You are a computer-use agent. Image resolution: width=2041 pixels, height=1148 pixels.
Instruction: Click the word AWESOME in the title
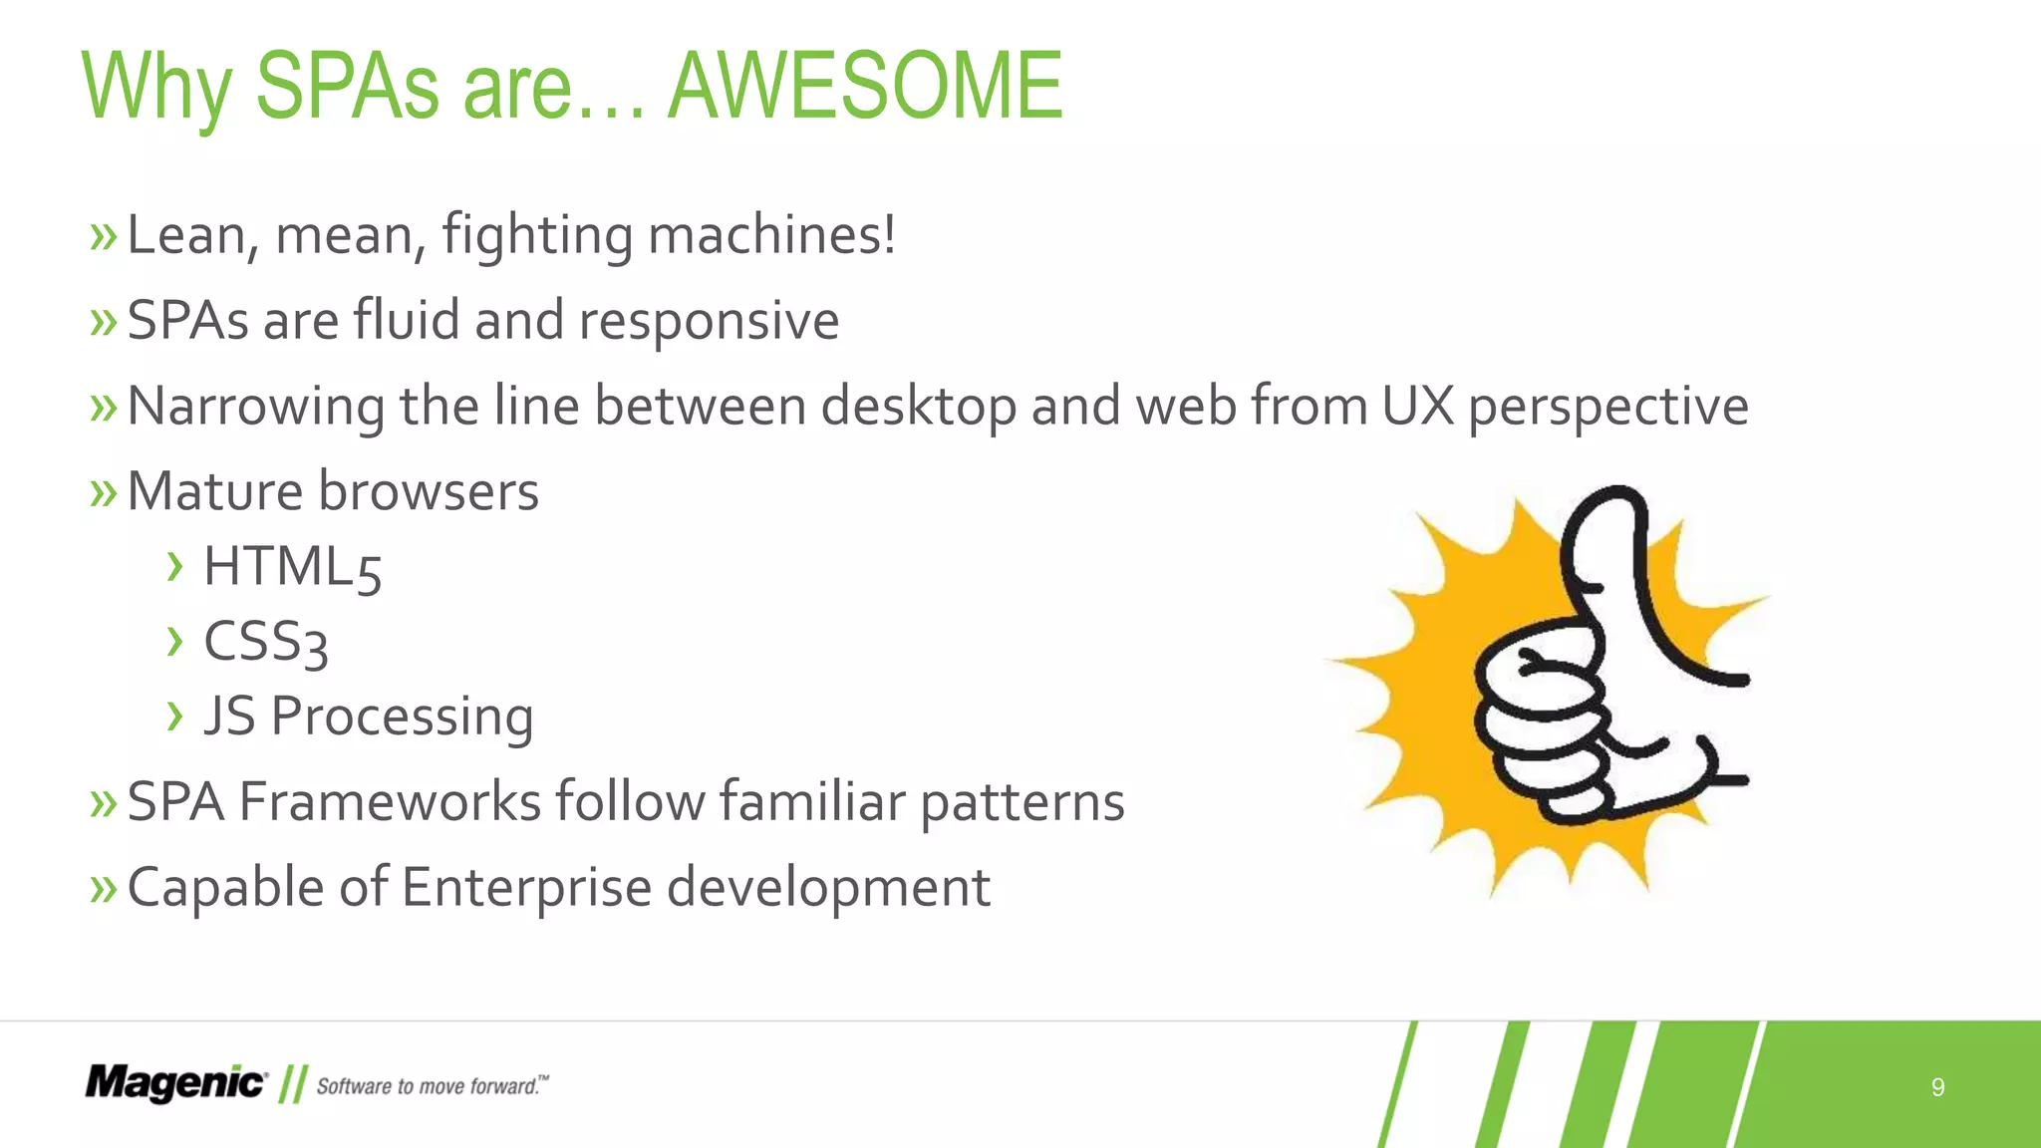point(865,88)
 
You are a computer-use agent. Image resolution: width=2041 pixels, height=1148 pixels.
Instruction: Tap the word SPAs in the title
point(347,88)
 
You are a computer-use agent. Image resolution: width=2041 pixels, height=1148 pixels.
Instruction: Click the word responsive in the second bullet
point(709,322)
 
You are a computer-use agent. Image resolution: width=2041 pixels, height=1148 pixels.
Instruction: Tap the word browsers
point(429,491)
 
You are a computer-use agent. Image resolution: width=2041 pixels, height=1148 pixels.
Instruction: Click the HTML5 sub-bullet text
point(292,567)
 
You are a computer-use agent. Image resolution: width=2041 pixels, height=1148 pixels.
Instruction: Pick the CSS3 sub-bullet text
point(265,642)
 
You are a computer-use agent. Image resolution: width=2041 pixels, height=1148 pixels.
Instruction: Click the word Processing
point(402,717)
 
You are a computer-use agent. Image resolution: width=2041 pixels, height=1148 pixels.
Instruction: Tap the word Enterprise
point(526,887)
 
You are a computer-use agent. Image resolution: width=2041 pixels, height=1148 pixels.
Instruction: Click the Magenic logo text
point(175,1083)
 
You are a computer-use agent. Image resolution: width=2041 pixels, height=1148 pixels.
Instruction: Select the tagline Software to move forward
point(432,1086)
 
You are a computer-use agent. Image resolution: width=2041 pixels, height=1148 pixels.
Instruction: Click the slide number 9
point(1937,1087)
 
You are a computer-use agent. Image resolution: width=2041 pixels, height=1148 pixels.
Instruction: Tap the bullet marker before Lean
point(103,237)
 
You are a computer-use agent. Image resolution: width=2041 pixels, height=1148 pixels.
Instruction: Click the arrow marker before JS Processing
point(175,716)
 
